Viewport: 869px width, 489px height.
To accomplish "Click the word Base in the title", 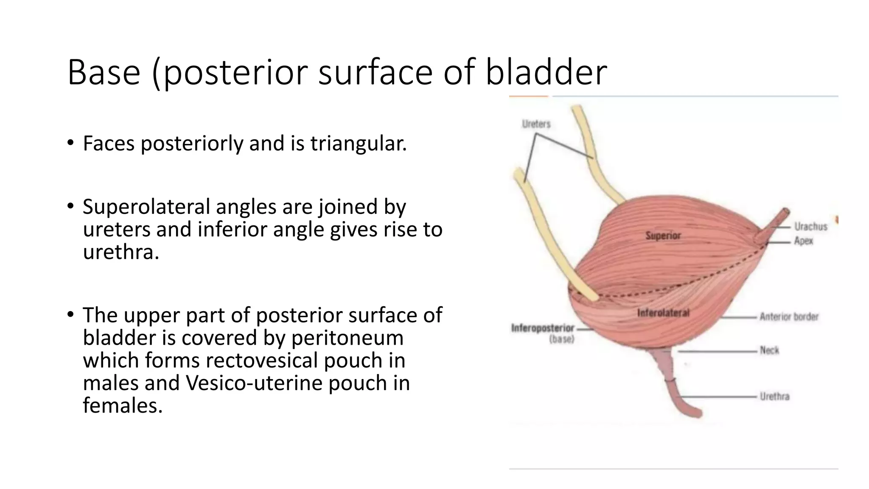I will [104, 72].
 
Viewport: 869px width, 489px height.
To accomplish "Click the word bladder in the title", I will [546, 72].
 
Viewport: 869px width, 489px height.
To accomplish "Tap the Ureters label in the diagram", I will [536, 124].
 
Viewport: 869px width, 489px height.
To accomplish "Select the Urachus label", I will [811, 227].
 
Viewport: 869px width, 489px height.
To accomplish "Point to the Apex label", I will [804, 241].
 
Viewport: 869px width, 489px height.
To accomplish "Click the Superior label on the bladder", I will [663, 236].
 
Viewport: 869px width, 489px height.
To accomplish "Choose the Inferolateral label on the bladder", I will [663, 313].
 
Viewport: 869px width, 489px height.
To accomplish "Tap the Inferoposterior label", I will [543, 328].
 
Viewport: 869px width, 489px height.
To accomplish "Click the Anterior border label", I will [789, 317].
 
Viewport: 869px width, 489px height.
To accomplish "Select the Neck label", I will [769, 350].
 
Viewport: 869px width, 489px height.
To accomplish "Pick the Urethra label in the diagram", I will [774, 396].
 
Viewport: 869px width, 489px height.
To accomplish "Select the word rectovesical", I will [262, 360].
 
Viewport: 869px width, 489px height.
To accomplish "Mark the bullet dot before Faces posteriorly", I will [70, 143].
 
